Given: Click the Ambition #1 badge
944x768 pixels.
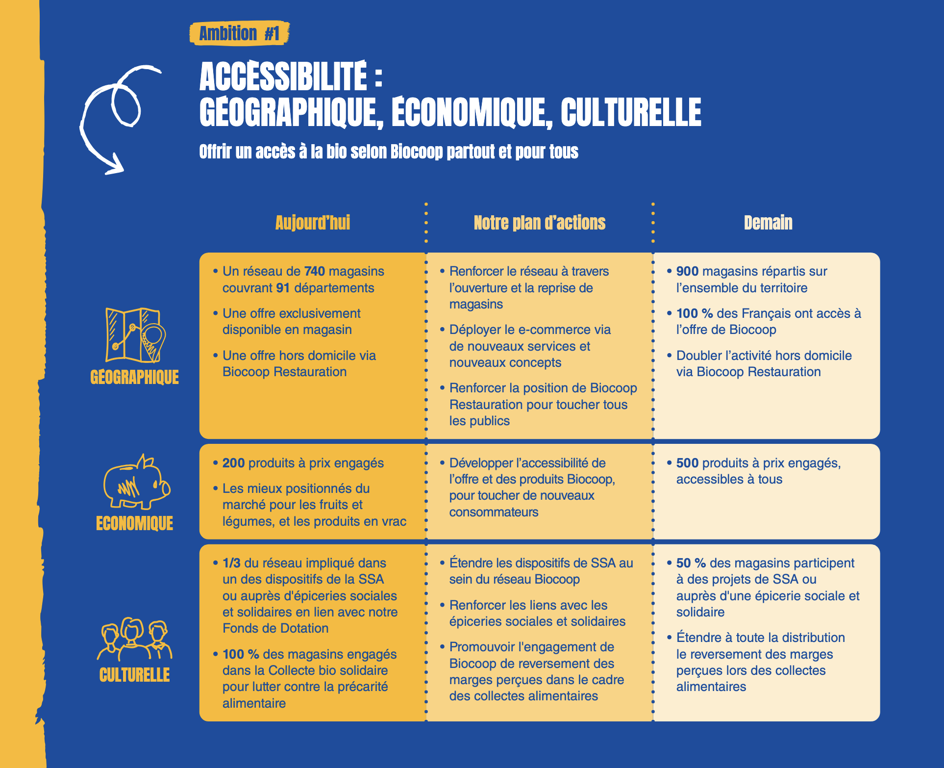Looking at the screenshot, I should coord(239,33).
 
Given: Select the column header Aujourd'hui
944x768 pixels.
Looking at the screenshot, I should coord(313,223).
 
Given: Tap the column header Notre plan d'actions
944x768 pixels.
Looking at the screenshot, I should coord(539,223).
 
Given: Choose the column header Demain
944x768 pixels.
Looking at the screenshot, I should coord(768,223).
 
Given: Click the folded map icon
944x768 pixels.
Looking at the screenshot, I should coord(135,335).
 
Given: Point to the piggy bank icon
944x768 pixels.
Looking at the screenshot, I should coord(136,482).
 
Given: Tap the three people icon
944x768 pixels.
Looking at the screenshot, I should coord(134,639).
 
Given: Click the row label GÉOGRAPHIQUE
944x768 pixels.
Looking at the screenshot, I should coord(135,377).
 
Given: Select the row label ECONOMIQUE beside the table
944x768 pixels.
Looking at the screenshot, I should coord(135,523).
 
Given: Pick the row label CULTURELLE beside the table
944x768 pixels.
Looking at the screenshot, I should coord(135,675).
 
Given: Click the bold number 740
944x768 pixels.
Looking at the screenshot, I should coord(314,271).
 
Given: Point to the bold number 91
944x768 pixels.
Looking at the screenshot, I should coord(283,288).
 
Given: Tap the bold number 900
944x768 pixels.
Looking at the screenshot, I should coord(687,271).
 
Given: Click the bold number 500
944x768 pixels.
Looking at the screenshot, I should coord(687,463).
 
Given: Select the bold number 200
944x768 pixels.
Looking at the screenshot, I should coord(233,463).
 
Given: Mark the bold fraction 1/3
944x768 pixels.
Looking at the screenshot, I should coord(231,563).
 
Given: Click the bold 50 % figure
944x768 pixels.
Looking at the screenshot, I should coord(691,563).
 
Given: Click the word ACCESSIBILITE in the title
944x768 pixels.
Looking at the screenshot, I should coord(283,77).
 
